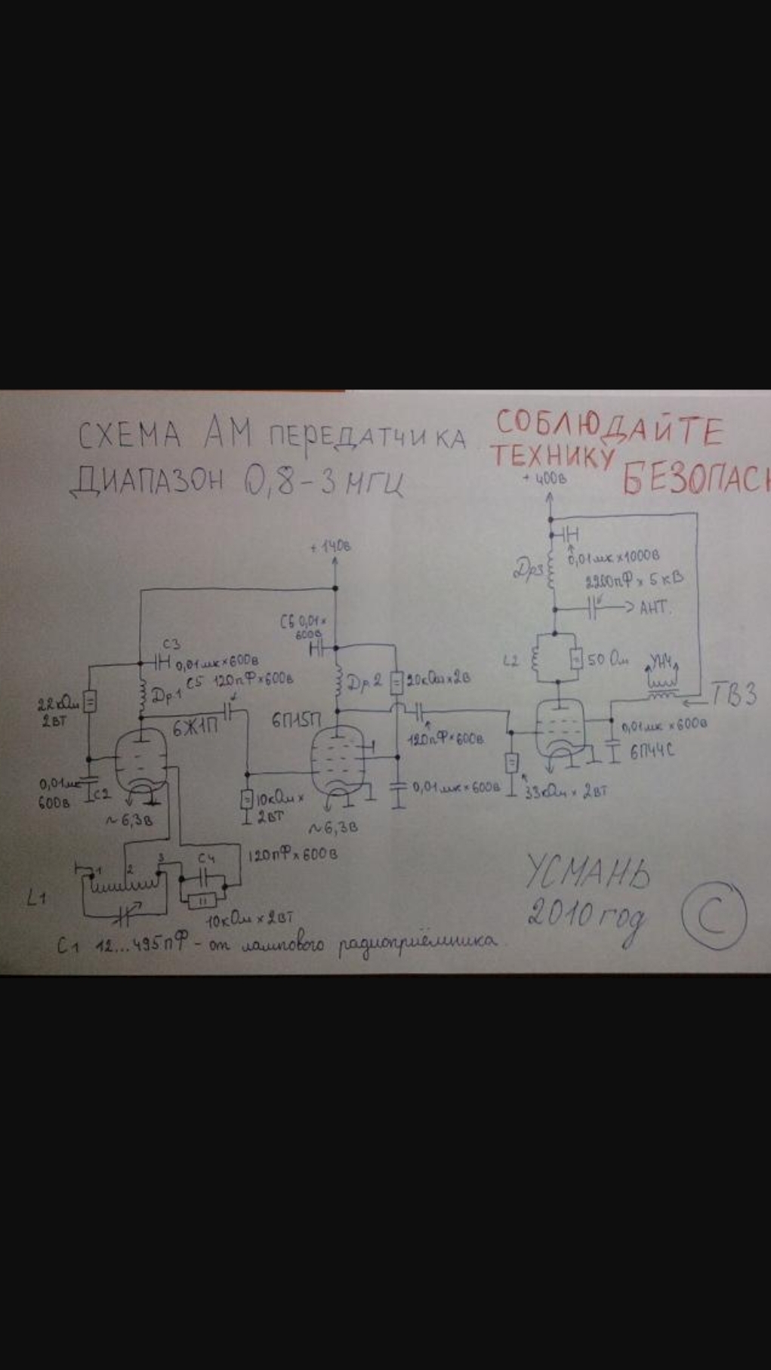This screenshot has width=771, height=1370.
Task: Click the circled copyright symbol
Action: [x=714, y=915]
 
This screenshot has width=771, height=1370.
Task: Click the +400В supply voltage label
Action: [x=544, y=479]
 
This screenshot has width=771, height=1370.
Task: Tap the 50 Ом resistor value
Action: [x=608, y=660]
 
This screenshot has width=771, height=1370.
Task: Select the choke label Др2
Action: [x=362, y=682]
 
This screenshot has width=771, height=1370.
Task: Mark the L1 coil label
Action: [x=36, y=897]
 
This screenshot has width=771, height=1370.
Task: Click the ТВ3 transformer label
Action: [x=732, y=694]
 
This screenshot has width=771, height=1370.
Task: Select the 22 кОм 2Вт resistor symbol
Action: [x=89, y=702]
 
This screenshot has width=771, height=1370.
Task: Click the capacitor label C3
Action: [x=171, y=644]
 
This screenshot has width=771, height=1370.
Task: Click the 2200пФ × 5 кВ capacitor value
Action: [x=634, y=580]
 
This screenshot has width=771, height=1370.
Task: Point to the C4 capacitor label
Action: [x=207, y=859]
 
